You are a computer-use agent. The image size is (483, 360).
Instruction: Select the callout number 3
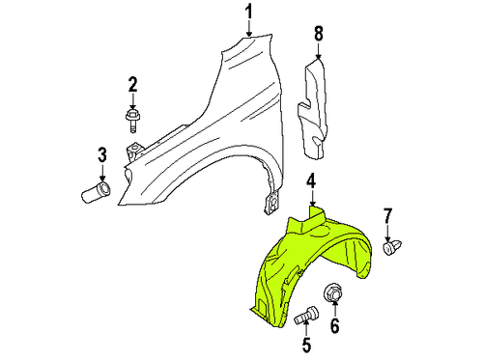pyautogui.click(x=100, y=155)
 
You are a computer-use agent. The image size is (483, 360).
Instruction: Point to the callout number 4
pyautogui.click(x=312, y=180)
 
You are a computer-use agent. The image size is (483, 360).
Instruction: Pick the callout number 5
pyautogui.click(x=307, y=345)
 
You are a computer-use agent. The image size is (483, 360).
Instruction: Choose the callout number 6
pyautogui.click(x=336, y=325)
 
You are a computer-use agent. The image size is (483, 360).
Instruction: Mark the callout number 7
pyautogui.click(x=388, y=214)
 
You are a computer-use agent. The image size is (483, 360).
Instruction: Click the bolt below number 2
pyautogui.click(x=133, y=121)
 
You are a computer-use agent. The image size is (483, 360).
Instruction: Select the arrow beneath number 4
pyautogui.click(x=312, y=197)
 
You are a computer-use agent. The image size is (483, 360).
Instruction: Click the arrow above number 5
pyautogui.click(x=307, y=329)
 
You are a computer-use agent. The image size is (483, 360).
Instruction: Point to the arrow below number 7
pyautogui.click(x=388, y=231)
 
